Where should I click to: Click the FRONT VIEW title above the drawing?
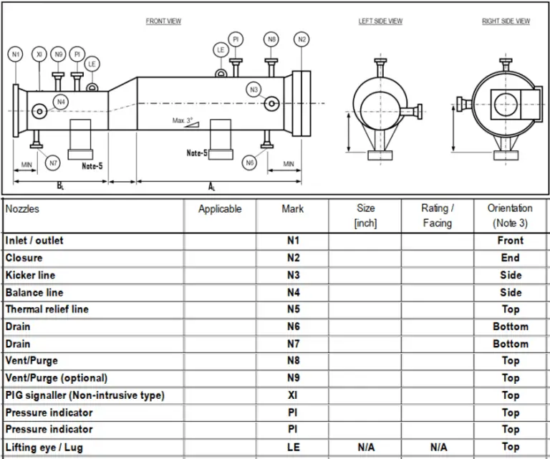click(x=163, y=21)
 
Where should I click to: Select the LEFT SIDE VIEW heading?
click(x=380, y=21)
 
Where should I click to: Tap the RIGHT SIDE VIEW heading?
click(x=506, y=21)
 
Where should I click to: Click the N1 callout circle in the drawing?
click(x=16, y=54)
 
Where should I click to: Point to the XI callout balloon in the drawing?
click(x=39, y=54)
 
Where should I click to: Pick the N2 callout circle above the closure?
click(x=301, y=39)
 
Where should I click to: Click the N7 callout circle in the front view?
click(x=52, y=163)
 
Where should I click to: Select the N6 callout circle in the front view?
click(x=249, y=163)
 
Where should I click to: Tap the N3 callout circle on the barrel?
click(x=254, y=90)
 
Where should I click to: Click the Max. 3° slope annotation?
click(x=183, y=121)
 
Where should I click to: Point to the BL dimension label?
click(x=61, y=185)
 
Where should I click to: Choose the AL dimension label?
click(x=212, y=186)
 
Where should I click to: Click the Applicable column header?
click(x=220, y=209)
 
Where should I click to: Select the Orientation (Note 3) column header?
click(x=510, y=216)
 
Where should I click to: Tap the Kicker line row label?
click(x=30, y=275)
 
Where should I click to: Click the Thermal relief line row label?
click(x=47, y=309)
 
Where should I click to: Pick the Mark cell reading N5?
click(x=292, y=309)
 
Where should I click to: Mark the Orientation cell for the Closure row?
click(x=510, y=258)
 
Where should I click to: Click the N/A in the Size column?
click(x=365, y=447)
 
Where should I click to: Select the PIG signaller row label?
click(x=85, y=395)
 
